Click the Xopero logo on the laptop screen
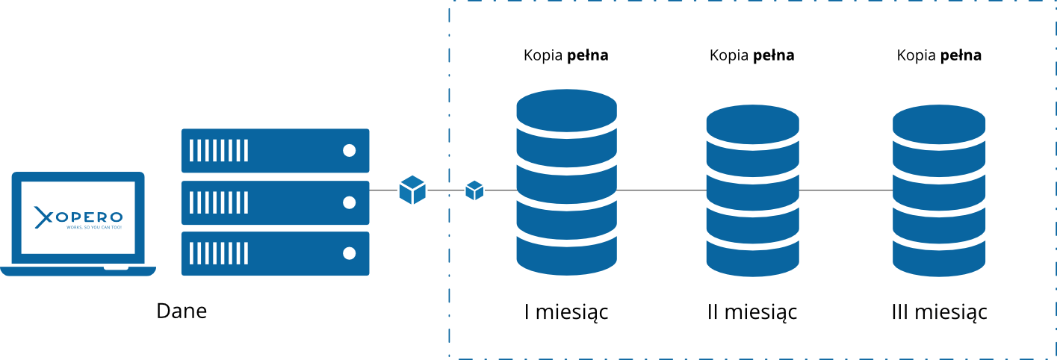coord(78,217)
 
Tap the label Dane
coord(182,311)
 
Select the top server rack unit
coord(275,150)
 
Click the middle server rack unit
coord(275,202)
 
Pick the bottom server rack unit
coord(275,253)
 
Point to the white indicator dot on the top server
coord(349,150)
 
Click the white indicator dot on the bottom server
coord(349,253)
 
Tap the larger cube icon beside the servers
coord(412,190)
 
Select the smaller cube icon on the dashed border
coord(474,190)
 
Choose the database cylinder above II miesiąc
coord(752,190)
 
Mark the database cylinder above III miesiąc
coord(939,190)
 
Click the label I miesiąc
coord(566,312)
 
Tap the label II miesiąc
coord(752,312)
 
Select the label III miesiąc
coord(939,312)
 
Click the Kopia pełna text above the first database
coord(566,55)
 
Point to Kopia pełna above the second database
coord(752,55)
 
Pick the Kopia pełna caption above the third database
coord(939,55)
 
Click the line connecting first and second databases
coord(661,190)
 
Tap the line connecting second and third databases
coord(846,190)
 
